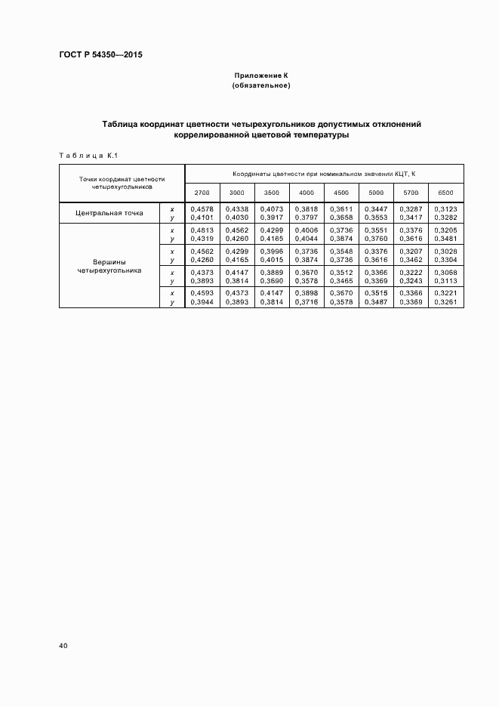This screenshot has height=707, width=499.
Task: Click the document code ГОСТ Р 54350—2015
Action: coord(100,55)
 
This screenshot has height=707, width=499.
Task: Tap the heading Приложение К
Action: coord(261,76)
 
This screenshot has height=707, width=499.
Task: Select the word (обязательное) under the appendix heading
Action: coord(261,86)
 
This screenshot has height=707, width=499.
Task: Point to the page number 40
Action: coord(63,646)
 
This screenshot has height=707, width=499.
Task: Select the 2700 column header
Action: coord(202,193)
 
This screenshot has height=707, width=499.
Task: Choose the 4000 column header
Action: coord(306,193)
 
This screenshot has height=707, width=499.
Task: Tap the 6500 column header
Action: coord(445,193)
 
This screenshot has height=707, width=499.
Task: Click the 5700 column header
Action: coord(411,193)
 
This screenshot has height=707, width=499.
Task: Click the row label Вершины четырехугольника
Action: coord(109,266)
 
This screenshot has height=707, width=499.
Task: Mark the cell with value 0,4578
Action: coord(202,208)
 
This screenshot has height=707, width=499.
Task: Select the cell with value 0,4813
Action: coord(202,230)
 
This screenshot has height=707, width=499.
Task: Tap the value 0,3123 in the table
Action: coord(445,208)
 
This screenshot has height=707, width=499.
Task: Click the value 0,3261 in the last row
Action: coord(445,301)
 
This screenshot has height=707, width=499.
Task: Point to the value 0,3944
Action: coord(202,301)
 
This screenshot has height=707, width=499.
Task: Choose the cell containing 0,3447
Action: coord(376,208)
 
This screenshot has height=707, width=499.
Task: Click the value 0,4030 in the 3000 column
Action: coord(236,218)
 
